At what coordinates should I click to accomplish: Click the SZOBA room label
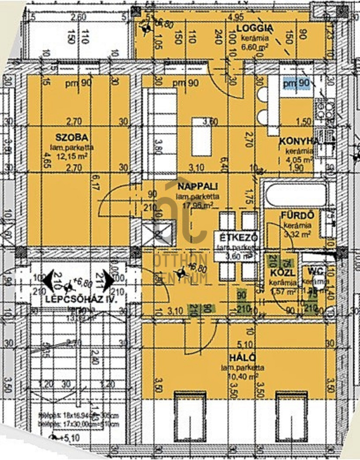[x=71, y=138]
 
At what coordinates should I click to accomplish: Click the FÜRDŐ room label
[x=297, y=215]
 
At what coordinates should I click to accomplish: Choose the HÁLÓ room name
[x=243, y=358]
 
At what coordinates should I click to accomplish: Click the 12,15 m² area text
[x=72, y=156]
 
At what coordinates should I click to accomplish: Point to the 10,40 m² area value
[x=243, y=377]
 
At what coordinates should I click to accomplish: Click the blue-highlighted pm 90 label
[x=296, y=84]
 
